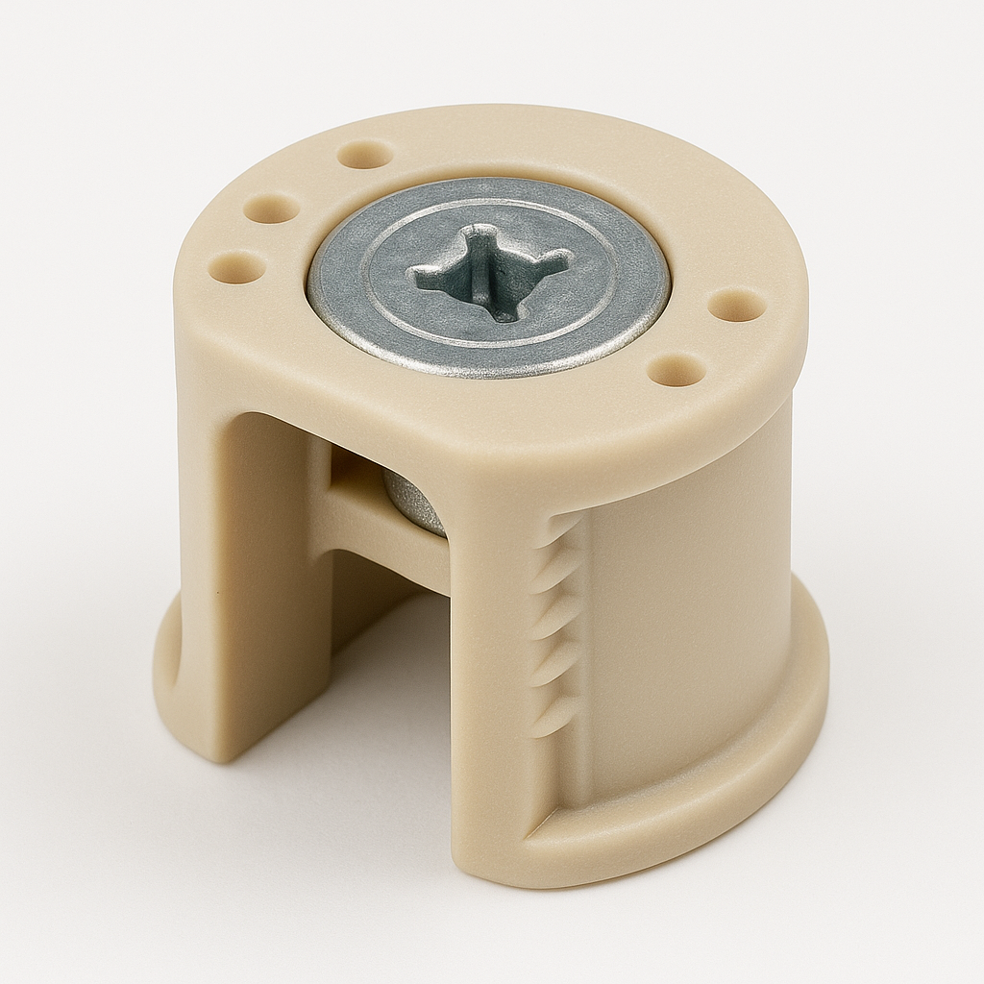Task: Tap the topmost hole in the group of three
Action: (x=365, y=154)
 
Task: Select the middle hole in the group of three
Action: (x=272, y=207)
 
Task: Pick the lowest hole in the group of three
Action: (x=236, y=266)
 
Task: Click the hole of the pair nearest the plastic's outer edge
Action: (x=737, y=306)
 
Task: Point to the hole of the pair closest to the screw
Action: (x=676, y=369)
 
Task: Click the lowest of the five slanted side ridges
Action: (x=552, y=717)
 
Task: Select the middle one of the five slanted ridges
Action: (x=556, y=620)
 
